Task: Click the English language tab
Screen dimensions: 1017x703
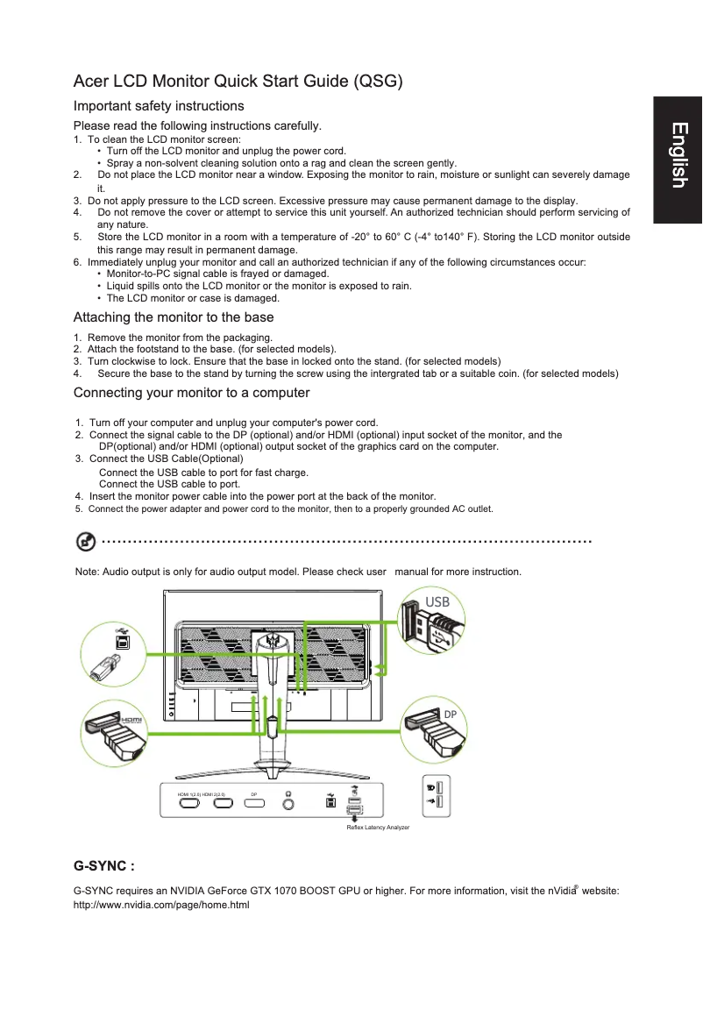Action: tap(678, 156)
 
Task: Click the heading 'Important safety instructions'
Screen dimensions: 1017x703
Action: tap(159, 106)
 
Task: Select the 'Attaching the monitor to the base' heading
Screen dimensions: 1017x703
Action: tap(174, 317)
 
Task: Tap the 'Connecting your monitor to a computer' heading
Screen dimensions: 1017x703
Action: tap(191, 393)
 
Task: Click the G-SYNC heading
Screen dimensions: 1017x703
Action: tap(103, 866)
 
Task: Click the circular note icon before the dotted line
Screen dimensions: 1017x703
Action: tap(87, 542)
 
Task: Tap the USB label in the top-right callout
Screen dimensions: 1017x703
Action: tap(437, 602)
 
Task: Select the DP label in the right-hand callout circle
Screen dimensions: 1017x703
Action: tap(450, 715)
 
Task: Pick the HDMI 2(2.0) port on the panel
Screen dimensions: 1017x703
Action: tap(223, 804)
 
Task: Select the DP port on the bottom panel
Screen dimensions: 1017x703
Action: tap(255, 804)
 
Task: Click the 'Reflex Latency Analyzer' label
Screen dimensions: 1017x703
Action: tap(378, 828)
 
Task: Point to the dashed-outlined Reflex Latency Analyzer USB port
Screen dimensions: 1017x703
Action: tap(353, 809)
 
